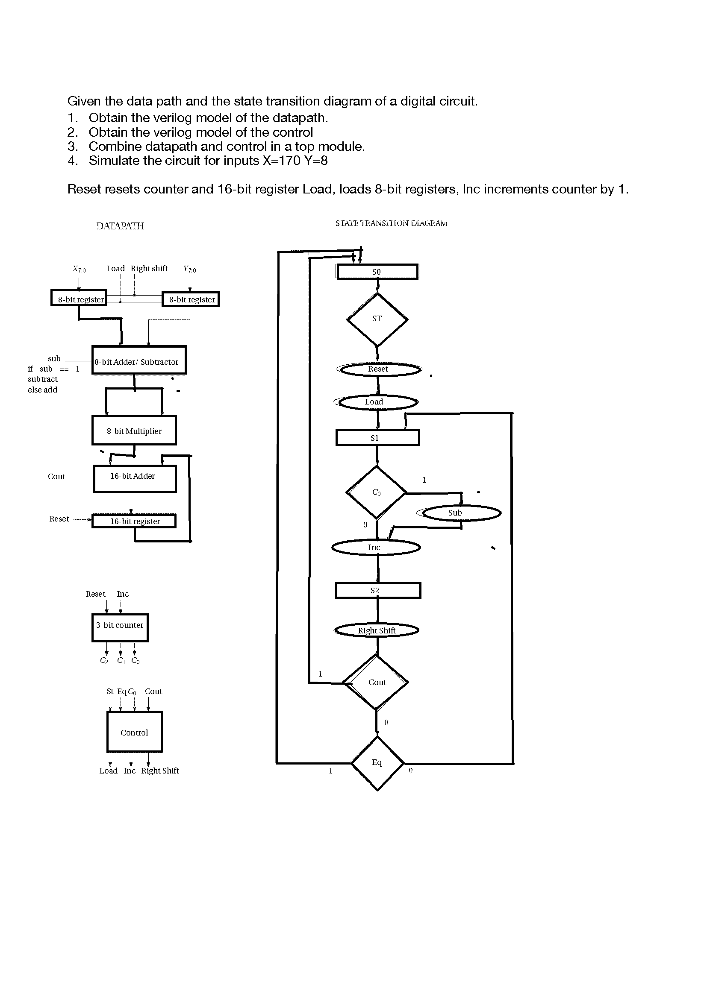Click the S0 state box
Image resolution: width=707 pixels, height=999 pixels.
pyautogui.click(x=377, y=272)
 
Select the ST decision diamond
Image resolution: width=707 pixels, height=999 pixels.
pyautogui.click(x=377, y=319)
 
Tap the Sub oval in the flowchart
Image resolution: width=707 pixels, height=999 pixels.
pyautogui.click(x=462, y=513)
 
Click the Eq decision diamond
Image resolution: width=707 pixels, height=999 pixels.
pyautogui.click(x=377, y=763)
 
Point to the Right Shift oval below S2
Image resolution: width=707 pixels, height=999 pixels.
pyautogui.click(x=377, y=630)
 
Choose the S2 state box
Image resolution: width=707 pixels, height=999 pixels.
pyautogui.click(x=377, y=591)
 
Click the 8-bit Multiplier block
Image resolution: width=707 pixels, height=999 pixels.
pyautogui.click(x=134, y=431)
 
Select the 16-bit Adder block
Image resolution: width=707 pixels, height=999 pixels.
pyautogui.click(x=134, y=479)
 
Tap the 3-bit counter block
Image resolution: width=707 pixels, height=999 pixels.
pyautogui.click(x=120, y=627)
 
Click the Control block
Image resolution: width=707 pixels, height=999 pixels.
pyautogui.click(x=135, y=732)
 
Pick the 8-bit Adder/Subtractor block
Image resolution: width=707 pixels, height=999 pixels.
pyautogui.click(x=138, y=361)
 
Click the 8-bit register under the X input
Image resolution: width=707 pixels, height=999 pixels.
pyautogui.click(x=79, y=299)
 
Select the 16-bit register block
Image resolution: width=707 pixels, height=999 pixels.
pyautogui.click(x=134, y=521)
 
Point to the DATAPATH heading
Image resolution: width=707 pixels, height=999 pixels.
pyautogui.click(x=120, y=226)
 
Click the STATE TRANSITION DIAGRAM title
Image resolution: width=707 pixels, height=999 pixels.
pyautogui.click(x=391, y=223)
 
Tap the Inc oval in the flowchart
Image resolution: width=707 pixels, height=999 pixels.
pyautogui.click(x=376, y=548)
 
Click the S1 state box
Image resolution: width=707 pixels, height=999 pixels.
pyautogui.click(x=377, y=438)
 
